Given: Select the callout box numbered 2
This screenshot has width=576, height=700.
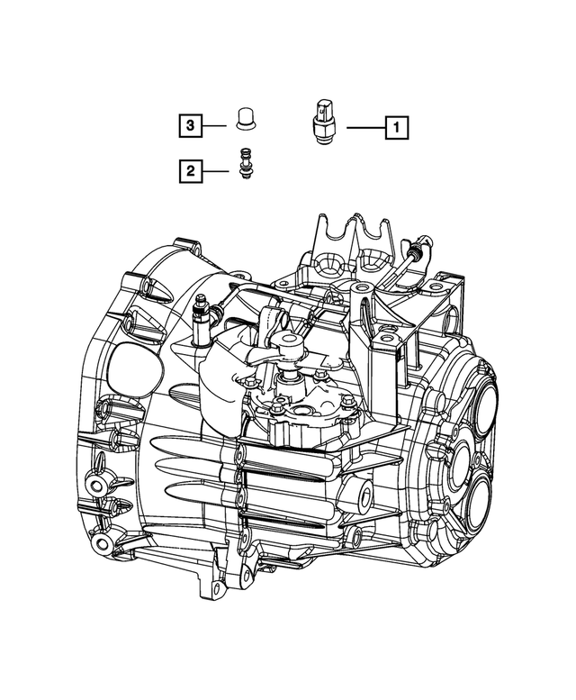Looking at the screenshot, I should tap(190, 168).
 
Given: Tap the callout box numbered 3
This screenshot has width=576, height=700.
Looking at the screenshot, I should tap(190, 127).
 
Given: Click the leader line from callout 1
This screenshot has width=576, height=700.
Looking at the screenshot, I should tap(364, 128).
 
